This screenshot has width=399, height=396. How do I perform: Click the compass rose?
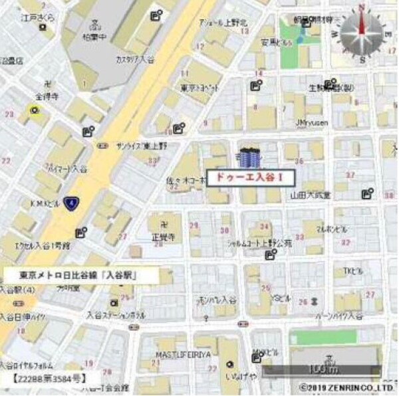[x=362, y=33]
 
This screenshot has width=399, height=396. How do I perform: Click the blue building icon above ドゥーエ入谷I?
[x=249, y=157]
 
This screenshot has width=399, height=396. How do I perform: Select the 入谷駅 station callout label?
[x=79, y=274]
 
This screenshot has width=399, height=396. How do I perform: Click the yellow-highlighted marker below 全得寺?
[x=34, y=110]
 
